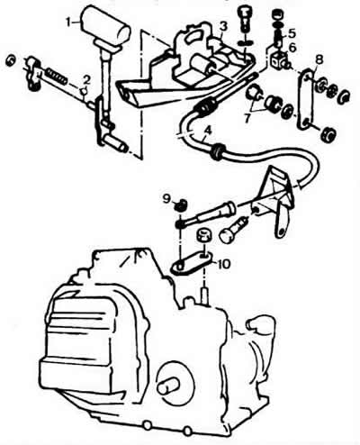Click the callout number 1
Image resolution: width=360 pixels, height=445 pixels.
coord(69,22)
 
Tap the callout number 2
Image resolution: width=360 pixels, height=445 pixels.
coord(86,79)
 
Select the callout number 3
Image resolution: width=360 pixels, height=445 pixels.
coord(222,26)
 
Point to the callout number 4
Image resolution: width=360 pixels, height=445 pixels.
coord(208,131)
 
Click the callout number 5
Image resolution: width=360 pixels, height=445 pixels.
coord(292,32)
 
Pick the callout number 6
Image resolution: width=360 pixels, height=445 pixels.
coord(292,47)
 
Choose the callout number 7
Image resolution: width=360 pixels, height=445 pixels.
coord(247,118)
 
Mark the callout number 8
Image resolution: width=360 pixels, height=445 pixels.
coord(319,59)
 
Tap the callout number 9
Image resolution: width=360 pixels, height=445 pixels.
coord(166,198)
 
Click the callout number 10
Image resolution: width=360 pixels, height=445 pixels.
coord(224,264)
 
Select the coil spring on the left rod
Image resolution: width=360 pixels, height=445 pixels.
coord(58,76)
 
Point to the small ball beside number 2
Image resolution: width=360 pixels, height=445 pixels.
coord(85,90)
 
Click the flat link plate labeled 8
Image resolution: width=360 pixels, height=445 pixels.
coord(306,99)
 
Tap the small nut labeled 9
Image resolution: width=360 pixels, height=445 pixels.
coord(181,204)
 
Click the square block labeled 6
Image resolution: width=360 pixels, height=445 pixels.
coord(278,59)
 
